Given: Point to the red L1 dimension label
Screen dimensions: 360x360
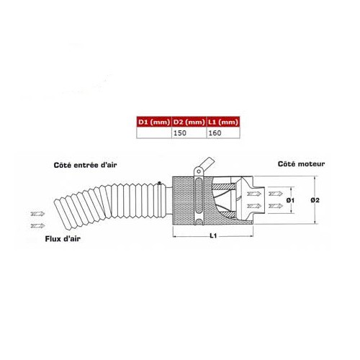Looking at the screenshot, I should [212, 235].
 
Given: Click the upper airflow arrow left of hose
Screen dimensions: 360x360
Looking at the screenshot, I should [36, 214].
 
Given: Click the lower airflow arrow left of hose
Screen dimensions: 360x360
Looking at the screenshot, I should [36, 225].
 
